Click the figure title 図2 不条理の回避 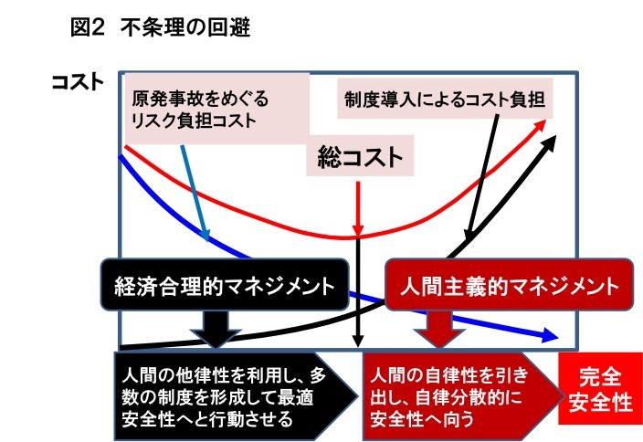click(x=161, y=28)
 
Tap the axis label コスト click(x=78, y=81)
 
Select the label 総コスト click(x=360, y=157)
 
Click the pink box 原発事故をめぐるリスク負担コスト click(x=216, y=109)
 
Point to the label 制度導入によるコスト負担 click(x=445, y=100)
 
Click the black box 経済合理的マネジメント click(x=225, y=285)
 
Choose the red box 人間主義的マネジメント click(x=510, y=285)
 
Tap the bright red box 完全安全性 click(x=600, y=389)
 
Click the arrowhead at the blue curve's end click(x=550, y=335)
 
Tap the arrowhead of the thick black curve click(x=548, y=142)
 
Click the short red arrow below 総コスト click(x=358, y=209)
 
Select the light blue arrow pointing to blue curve click(x=195, y=193)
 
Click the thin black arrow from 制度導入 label click(x=482, y=178)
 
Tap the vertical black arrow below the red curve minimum click(x=358, y=292)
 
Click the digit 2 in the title click(x=98, y=28)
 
